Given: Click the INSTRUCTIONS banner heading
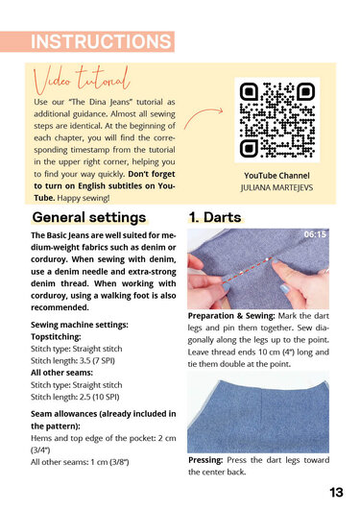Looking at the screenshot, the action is (100, 42).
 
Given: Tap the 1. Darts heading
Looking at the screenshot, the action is (215, 217).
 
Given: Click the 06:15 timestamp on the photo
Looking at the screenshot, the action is (315, 234).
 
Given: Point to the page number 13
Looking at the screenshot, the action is (336, 492).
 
